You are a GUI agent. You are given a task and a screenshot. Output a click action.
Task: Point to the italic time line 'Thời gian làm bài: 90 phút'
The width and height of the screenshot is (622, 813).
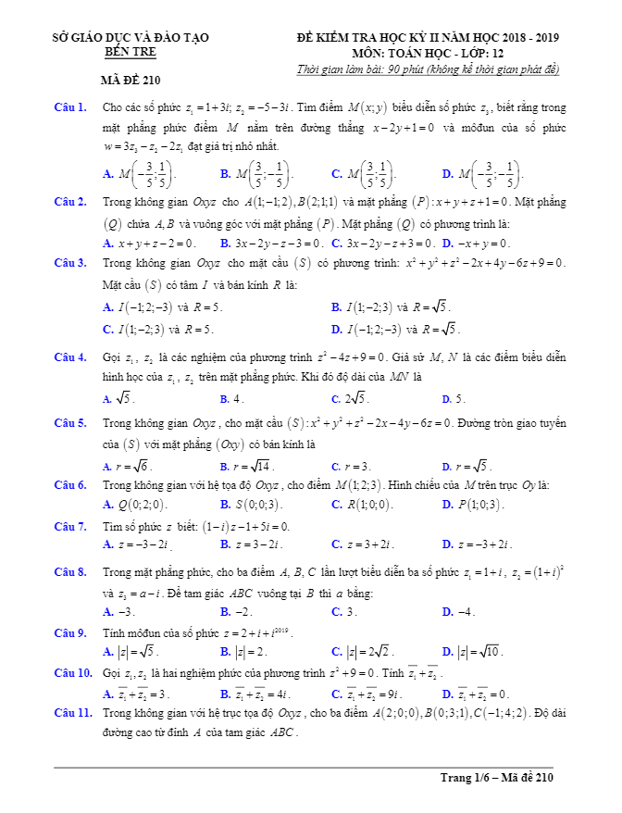point(428,69)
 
